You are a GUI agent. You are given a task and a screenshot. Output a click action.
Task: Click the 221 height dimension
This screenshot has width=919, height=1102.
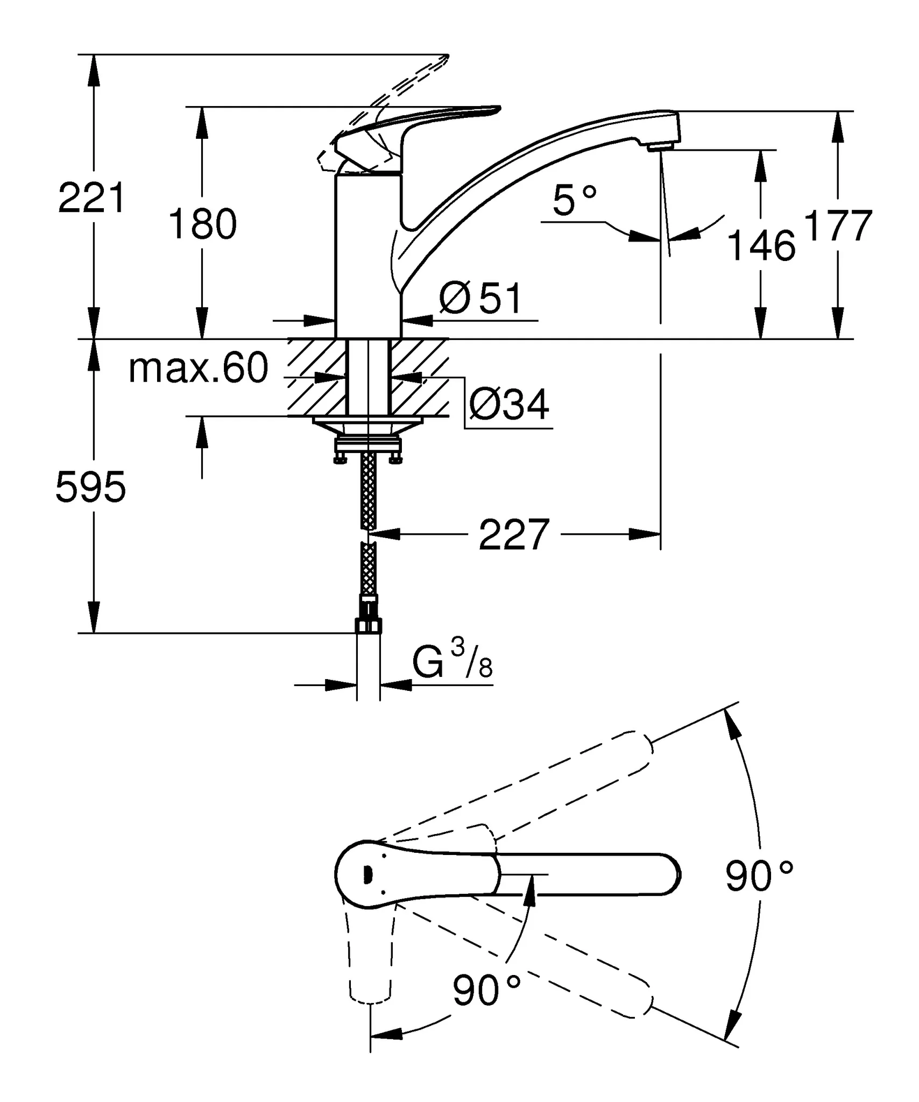click(x=91, y=198)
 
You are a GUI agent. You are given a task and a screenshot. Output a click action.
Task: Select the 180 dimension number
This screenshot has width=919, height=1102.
click(x=202, y=224)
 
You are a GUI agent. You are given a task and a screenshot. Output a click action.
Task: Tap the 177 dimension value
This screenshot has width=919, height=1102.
click(x=837, y=226)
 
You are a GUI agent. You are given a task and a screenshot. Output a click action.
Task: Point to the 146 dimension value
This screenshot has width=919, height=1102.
click(x=761, y=245)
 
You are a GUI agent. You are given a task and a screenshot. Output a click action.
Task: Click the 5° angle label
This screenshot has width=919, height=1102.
click(x=574, y=200)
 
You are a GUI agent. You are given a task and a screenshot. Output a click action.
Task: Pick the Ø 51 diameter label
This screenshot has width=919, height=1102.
click(x=480, y=299)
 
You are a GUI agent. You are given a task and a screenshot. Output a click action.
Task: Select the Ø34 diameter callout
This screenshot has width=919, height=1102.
click(x=509, y=404)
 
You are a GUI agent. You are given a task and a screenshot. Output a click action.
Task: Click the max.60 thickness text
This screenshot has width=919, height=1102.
click(x=198, y=369)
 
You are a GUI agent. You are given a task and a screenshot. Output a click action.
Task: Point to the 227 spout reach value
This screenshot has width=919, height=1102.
click(x=514, y=535)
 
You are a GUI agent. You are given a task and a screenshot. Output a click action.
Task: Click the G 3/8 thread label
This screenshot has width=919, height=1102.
click(x=452, y=662)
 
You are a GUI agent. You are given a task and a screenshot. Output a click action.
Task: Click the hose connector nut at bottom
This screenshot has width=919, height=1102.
click(x=369, y=625)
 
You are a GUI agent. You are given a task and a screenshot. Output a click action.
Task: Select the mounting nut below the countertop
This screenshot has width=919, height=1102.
click(x=368, y=445)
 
